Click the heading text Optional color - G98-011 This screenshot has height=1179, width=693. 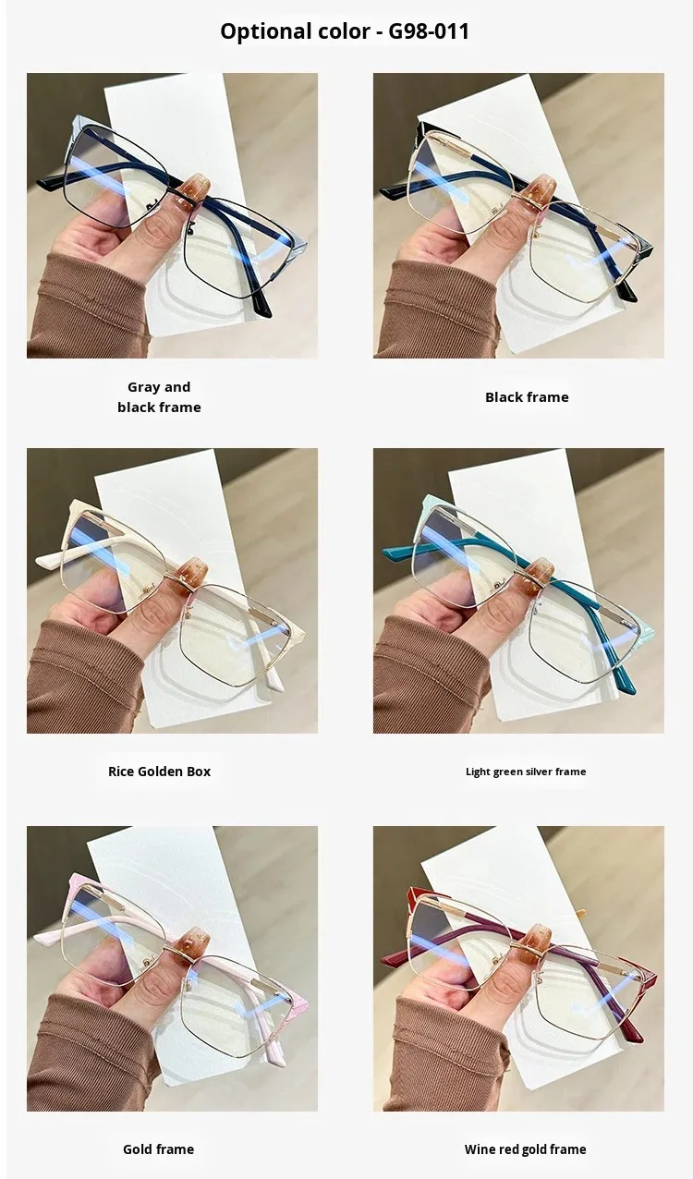click(345, 31)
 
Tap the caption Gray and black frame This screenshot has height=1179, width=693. click(159, 397)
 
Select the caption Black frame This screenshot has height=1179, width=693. click(527, 397)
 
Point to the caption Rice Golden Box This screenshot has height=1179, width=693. click(159, 772)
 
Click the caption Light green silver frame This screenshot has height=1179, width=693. click(526, 772)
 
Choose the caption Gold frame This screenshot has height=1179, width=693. click(158, 1149)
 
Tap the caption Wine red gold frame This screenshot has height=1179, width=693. click(525, 1149)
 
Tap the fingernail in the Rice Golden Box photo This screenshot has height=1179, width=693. click(190, 572)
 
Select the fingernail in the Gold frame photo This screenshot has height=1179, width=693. click(192, 946)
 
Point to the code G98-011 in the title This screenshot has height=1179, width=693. click(429, 31)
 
